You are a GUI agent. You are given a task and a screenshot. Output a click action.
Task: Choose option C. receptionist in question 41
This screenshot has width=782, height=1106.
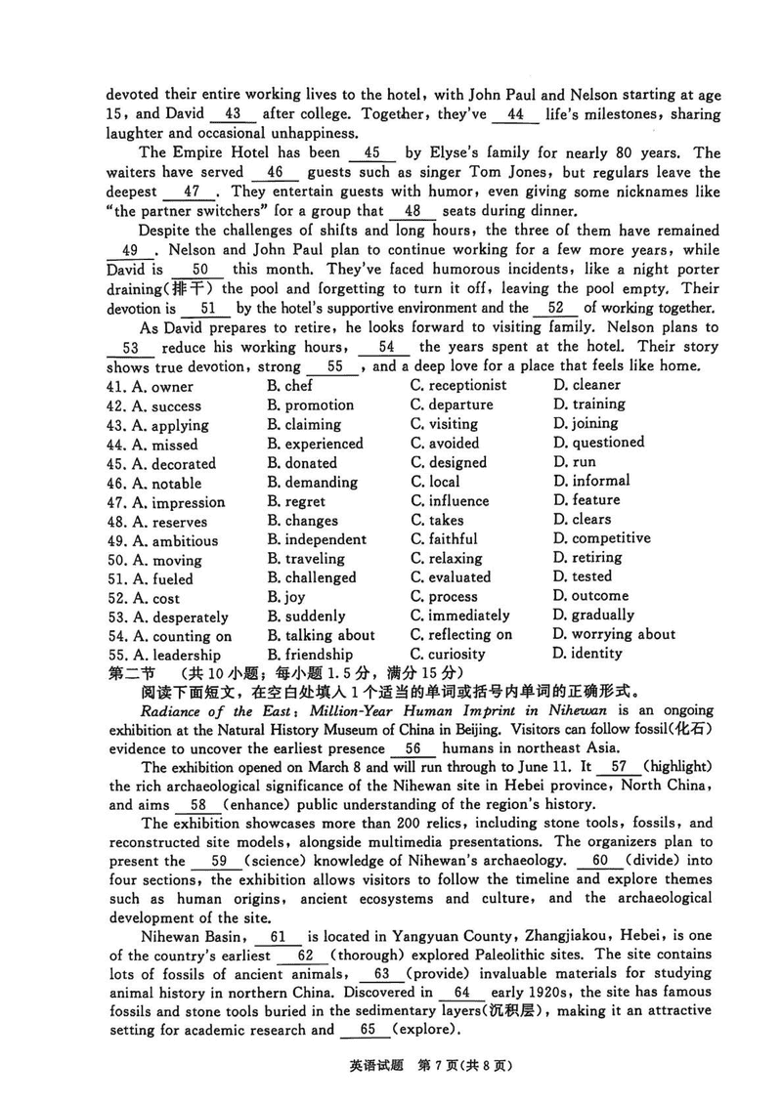click(x=458, y=386)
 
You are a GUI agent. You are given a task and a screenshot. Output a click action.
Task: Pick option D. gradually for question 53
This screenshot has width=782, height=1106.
click(x=593, y=616)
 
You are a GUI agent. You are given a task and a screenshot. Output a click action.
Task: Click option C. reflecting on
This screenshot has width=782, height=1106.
click(x=461, y=635)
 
